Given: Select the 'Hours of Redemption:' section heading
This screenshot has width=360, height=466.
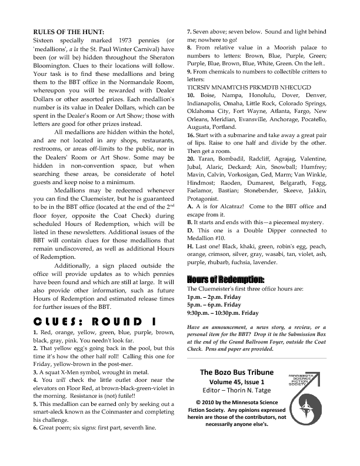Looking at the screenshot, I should coord(225,278).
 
